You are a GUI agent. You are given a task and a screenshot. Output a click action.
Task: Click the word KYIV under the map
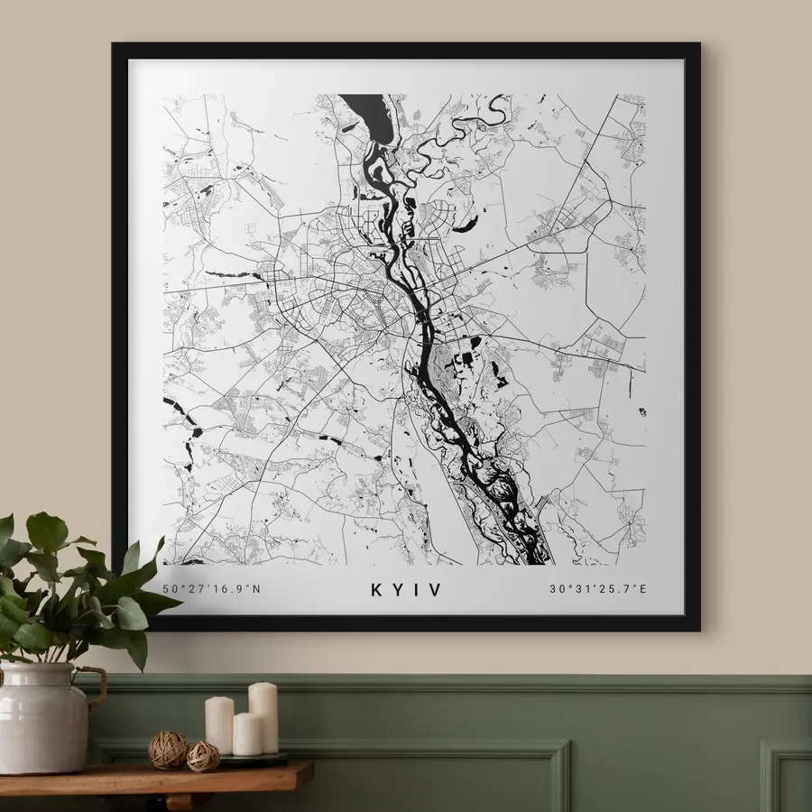(x=406, y=590)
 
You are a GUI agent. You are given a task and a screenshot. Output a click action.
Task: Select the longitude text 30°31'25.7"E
(x=599, y=590)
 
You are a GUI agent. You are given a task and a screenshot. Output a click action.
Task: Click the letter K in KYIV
(x=376, y=590)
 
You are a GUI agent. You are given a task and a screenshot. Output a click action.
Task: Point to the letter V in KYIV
(x=437, y=590)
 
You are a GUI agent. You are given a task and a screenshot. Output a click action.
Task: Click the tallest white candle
(x=263, y=717)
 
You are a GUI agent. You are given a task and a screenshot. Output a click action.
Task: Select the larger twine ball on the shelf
(x=168, y=750)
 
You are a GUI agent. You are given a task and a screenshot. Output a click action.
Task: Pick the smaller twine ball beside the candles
(x=203, y=756)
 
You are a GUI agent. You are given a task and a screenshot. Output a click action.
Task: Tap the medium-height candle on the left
(x=219, y=724)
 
